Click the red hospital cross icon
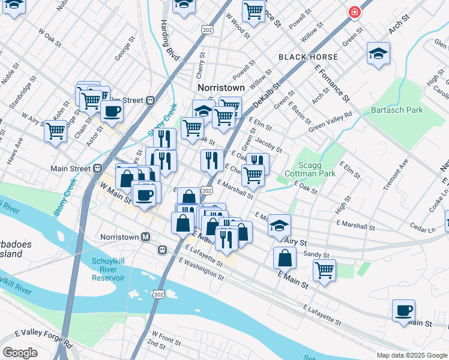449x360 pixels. [355, 12]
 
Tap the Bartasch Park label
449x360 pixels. [397, 110]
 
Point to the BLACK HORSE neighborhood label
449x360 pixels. [308, 57]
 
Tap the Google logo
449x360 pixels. [20, 353]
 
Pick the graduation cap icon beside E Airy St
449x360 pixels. [279, 226]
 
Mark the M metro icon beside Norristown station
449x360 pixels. [145, 236]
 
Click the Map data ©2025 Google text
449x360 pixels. [412, 355]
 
